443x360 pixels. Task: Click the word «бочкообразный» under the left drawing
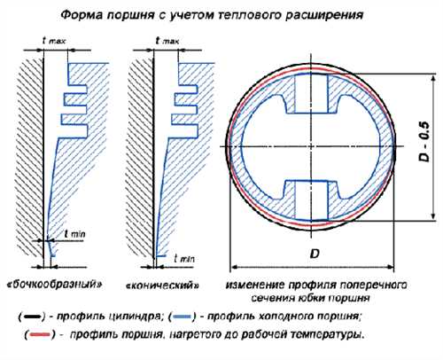click(55, 285)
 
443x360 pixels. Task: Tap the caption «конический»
click(162, 286)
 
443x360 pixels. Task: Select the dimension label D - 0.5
click(424, 142)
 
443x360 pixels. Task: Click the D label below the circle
click(315, 254)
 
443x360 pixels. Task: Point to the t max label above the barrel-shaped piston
click(54, 41)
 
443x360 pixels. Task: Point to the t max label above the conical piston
click(167, 41)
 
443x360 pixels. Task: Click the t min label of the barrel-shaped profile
click(75, 234)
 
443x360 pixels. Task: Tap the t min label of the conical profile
click(184, 259)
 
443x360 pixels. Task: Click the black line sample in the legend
click(32, 317)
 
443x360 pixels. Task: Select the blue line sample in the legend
click(182, 317)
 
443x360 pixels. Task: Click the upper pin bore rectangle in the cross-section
click(311, 94)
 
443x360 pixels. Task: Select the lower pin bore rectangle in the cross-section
click(311, 200)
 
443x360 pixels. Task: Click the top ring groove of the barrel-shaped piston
click(76, 90)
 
